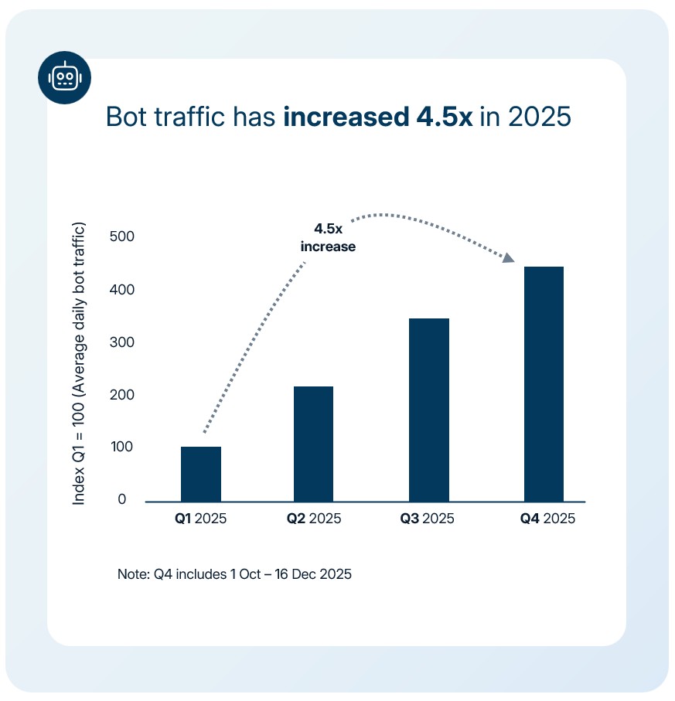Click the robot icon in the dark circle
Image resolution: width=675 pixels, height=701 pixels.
(x=64, y=77)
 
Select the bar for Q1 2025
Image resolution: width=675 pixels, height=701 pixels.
(x=201, y=474)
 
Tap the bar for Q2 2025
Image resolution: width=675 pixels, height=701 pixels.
(x=313, y=444)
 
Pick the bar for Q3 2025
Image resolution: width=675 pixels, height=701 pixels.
(x=429, y=410)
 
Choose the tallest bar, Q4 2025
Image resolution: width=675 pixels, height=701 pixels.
(x=544, y=383)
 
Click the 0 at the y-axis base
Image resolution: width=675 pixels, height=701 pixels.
(x=121, y=500)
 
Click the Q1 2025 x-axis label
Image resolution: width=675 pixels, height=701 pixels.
(x=200, y=519)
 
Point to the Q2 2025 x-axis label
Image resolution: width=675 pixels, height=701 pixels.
(x=313, y=519)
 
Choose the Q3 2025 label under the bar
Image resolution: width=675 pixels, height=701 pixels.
(x=428, y=519)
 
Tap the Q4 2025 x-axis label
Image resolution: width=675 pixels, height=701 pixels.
(x=547, y=519)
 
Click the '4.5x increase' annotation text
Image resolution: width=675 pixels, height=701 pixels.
(x=328, y=238)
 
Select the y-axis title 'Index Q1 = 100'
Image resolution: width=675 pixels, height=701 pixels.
(x=79, y=364)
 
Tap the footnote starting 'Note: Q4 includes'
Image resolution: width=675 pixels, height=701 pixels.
(x=234, y=575)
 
